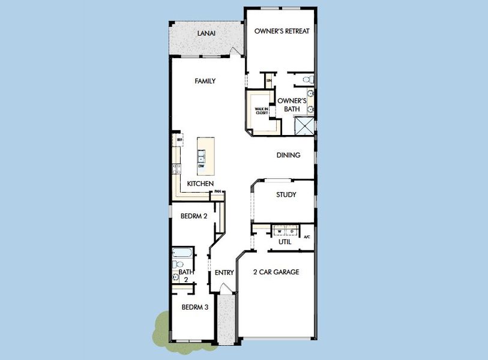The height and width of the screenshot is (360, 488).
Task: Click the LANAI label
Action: [206, 33]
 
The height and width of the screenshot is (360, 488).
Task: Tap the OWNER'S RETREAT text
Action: [282, 31]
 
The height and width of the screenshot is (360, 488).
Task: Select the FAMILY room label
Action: [205, 81]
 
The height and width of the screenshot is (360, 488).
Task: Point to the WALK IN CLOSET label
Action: [261, 110]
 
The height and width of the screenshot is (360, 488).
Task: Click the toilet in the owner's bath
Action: [306, 79]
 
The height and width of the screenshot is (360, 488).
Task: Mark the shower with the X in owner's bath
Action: [304, 125]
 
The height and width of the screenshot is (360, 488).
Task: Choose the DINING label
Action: [288, 155]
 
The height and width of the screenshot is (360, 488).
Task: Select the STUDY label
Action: [286, 195]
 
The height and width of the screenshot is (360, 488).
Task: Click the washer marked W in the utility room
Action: [280, 230]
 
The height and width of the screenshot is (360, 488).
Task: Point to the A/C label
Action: [307, 237]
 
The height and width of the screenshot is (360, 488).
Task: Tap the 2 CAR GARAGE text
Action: [276, 272]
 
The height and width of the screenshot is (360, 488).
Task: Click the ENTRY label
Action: [224, 273]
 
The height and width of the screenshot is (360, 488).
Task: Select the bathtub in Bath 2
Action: [181, 252]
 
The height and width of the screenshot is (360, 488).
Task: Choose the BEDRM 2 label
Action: [194, 215]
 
